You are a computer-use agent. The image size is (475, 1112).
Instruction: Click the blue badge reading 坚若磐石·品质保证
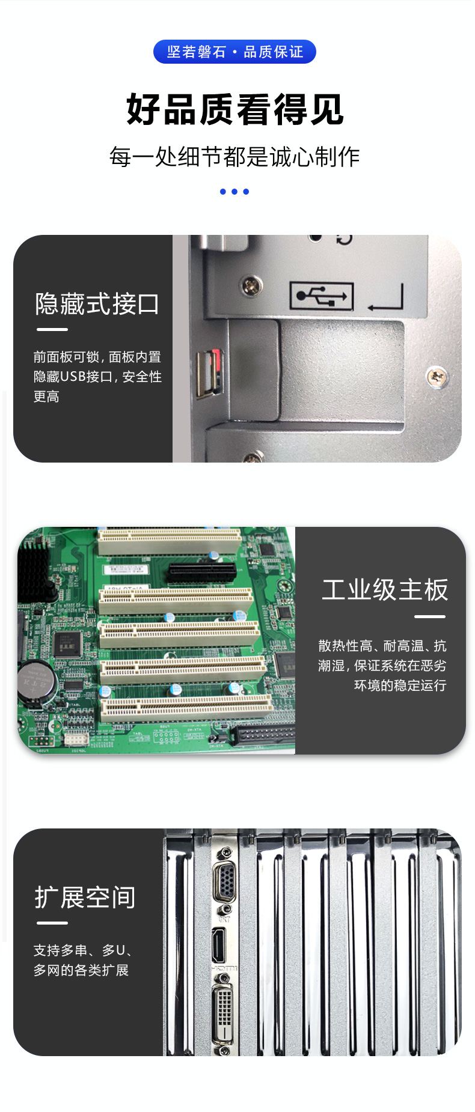point(234,52)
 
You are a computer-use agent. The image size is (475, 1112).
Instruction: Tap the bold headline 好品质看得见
point(234,109)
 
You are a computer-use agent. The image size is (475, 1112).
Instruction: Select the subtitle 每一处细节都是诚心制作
point(234,157)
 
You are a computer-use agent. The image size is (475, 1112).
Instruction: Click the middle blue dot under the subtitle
point(234,192)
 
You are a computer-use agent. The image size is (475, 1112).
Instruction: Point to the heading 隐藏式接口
point(97,304)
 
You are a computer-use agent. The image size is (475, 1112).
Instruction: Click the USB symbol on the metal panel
point(322,296)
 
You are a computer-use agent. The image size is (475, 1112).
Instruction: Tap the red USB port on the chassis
point(209,372)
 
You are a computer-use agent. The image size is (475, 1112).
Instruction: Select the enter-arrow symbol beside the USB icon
point(385,297)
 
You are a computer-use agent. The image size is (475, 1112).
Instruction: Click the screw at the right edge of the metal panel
point(437,377)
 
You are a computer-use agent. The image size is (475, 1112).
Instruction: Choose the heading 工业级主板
point(385,590)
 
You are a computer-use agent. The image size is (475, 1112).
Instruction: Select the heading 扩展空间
point(85,898)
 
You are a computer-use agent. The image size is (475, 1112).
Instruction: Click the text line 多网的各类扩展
point(81,970)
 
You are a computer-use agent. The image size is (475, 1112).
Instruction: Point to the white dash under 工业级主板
point(430,616)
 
